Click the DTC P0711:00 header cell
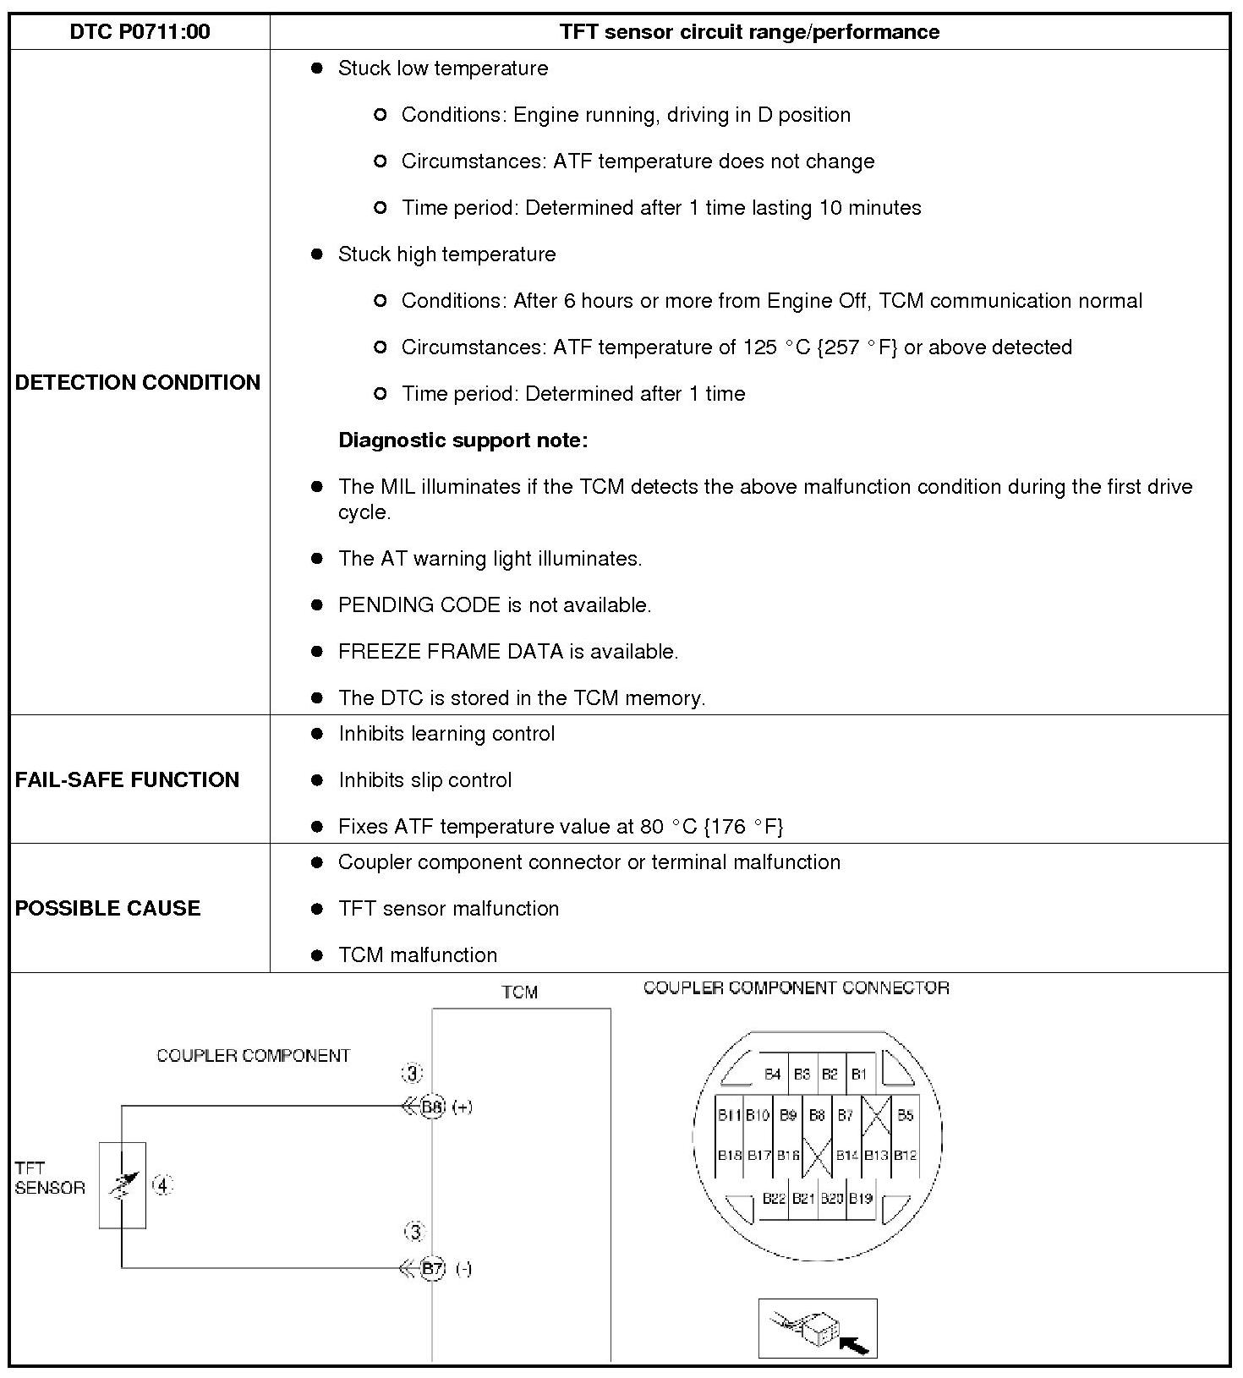140,32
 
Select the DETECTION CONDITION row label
138,382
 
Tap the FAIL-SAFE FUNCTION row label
127,779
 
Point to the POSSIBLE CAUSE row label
108,908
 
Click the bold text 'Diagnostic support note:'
463,440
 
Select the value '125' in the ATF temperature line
760,347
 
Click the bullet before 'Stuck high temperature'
317,254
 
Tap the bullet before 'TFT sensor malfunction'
317,909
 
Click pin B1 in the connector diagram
859,1075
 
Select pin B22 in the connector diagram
774,1198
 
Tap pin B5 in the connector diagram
905,1115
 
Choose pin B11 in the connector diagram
729,1115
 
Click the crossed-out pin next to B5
876,1115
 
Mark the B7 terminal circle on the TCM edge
433,1268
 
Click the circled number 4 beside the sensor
162,1185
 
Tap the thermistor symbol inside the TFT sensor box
122,1185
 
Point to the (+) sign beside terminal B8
462,1107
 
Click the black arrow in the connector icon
855,1344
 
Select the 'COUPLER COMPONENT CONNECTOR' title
796,987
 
